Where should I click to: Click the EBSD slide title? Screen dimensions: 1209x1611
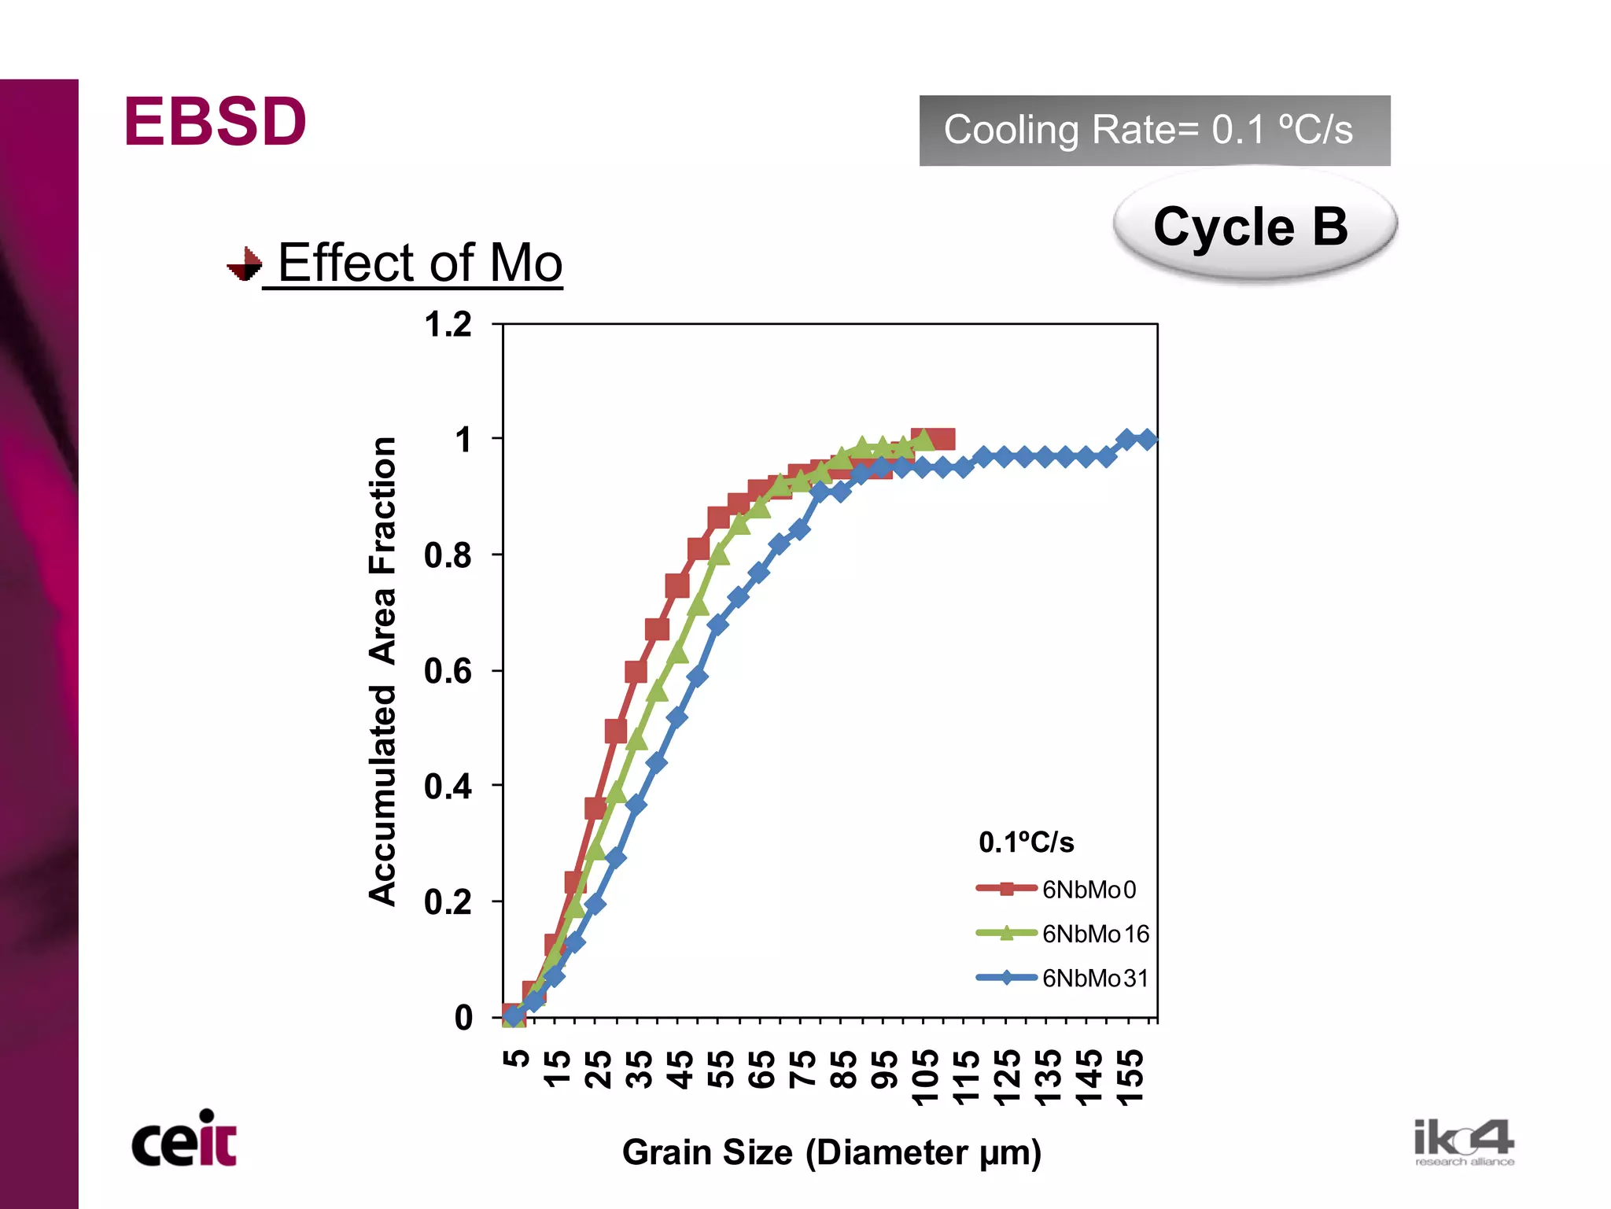click(x=215, y=122)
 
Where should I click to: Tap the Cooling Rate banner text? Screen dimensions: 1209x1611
click(x=1148, y=130)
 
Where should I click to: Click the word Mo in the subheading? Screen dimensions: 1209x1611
click(x=526, y=263)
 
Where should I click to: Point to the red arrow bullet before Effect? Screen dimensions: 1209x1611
click(x=245, y=264)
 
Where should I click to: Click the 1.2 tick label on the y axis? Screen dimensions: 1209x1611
click(x=448, y=325)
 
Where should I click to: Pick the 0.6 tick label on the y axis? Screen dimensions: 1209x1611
click(x=448, y=671)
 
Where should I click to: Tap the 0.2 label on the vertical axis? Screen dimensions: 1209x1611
click(x=448, y=902)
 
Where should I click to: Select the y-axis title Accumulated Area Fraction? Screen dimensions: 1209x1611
click(x=383, y=671)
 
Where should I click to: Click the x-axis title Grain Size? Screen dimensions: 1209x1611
click(x=831, y=1152)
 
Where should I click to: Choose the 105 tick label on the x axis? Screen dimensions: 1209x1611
click(x=925, y=1076)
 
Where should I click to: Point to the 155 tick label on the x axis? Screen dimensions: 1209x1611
click(x=1130, y=1076)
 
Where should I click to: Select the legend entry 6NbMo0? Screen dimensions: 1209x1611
click(x=1089, y=890)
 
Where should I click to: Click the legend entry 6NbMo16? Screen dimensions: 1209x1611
click(x=1095, y=934)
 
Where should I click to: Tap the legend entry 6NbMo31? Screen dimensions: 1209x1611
click(x=1095, y=979)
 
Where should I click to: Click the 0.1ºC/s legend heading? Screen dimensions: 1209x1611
click(x=1026, y=842)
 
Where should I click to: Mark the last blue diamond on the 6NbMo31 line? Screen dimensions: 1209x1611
click(x=1147, y=439)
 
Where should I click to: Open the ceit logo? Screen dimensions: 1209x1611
click(x=184, y=1139)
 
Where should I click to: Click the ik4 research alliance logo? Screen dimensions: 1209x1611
click(x=1464, y=1142)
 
